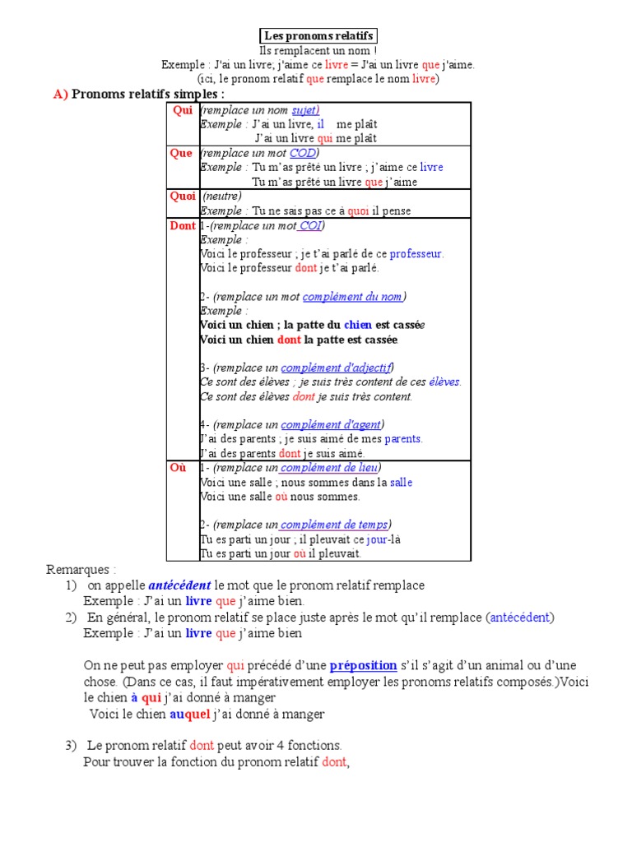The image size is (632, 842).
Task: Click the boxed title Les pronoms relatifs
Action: (319, 35)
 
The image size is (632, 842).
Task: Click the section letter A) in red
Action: (61, 94)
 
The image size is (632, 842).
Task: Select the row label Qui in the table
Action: (182, 110)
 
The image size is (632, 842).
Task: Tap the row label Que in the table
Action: (182, 153)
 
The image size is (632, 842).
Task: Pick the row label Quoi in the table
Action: (183, 196)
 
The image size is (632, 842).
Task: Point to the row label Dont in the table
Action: (183, 225)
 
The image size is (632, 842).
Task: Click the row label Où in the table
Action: (179, 467)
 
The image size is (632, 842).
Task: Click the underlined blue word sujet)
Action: (305, 110)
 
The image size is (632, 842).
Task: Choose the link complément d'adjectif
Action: (337, 368)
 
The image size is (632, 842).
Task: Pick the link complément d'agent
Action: (331, 424)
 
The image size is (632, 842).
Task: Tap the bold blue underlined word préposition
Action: (363, 665)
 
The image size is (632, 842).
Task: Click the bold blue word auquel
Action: (190, 715)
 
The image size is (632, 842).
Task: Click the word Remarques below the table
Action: (81, 569)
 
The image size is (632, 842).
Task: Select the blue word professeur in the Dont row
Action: (416, 253)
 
